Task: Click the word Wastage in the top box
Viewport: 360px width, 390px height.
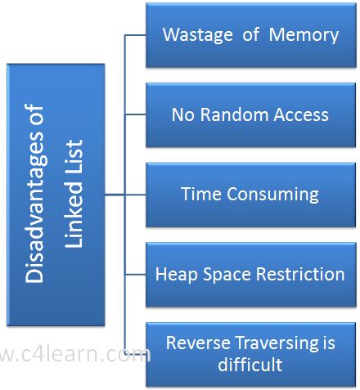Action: coord(198,36)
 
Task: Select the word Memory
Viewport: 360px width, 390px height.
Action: coord(304,36)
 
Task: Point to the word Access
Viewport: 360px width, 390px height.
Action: coord(301,114)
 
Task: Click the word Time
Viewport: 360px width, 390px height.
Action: coord(201,194)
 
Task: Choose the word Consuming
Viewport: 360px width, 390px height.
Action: coord(272,195)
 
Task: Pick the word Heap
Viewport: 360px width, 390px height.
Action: coord(176,274)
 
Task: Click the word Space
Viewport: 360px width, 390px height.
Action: coord(227,274)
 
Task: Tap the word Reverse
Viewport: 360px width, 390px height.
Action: coord(198,343)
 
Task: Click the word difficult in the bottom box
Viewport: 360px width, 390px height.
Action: coord(250,365)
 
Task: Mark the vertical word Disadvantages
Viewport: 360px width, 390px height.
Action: coord(34,193)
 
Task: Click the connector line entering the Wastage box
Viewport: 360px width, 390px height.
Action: coord(135,35)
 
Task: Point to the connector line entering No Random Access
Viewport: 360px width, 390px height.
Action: coord(135,114)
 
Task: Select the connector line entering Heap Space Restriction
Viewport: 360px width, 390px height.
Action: coord(135,275)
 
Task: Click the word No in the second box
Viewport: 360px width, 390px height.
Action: coord(182,114)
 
